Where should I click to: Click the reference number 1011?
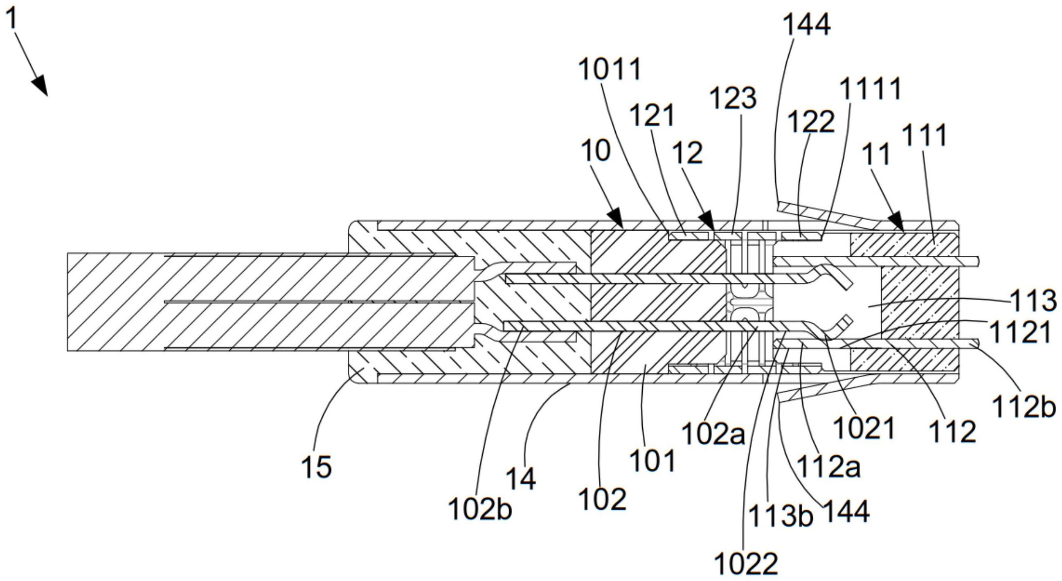610,69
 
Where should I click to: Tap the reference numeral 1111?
871,89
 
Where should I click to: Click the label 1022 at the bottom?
746,564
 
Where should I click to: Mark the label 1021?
864,428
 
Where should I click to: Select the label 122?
811,122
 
